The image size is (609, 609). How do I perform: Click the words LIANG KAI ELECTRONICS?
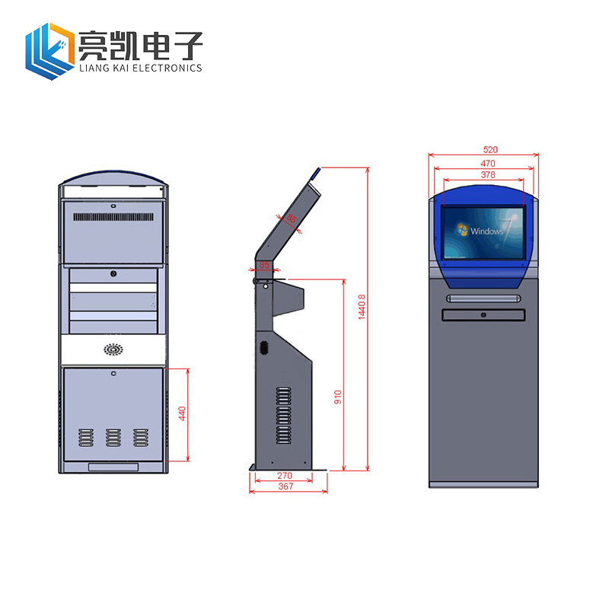(140, 68)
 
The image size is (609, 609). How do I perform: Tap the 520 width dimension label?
(483, 150)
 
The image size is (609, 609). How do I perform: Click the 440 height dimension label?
(182, 414)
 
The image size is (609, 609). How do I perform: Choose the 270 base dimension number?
(283, 476)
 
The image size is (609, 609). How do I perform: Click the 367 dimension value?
(286, 486)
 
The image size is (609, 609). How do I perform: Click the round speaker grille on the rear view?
(113, 350)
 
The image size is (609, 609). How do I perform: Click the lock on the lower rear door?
(113, 373)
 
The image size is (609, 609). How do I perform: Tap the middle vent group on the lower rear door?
(113, 437)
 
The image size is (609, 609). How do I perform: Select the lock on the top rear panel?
(113, 205)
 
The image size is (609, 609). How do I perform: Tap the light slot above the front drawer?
(483, 298)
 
